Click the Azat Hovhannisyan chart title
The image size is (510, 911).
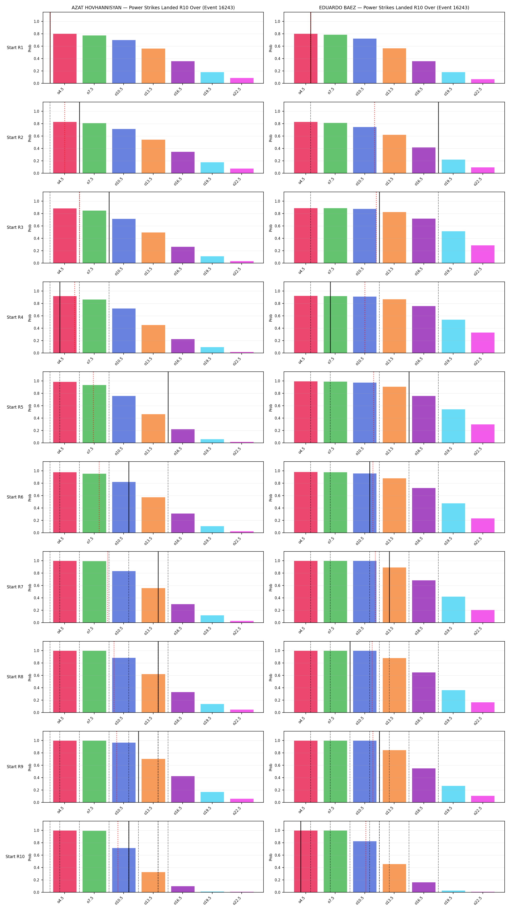[153, 8]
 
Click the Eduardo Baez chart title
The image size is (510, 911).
[394, 8]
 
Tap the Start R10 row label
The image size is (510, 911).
[15, 857]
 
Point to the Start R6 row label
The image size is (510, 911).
[15, 497]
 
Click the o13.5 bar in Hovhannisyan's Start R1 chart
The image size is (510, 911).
[153, 66]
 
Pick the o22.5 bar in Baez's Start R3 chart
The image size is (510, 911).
[483, 254]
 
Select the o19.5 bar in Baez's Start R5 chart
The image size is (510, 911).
[453, 426]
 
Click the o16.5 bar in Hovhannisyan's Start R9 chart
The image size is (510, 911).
[183, 789]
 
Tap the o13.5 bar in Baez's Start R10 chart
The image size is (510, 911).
[394, 878]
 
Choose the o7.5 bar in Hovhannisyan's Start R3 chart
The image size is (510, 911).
[94, 237]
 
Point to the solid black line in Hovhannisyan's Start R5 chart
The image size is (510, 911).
[168, 407]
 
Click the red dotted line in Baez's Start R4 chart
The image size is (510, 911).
[365, 317]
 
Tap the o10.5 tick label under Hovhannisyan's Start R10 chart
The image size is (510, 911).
[119, 900]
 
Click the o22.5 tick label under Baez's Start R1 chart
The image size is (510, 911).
[478, 92]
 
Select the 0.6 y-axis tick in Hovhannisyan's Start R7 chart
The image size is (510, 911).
[36, 586]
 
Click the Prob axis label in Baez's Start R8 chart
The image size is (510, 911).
[271, 677]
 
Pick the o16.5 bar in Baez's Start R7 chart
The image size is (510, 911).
[424, 602]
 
